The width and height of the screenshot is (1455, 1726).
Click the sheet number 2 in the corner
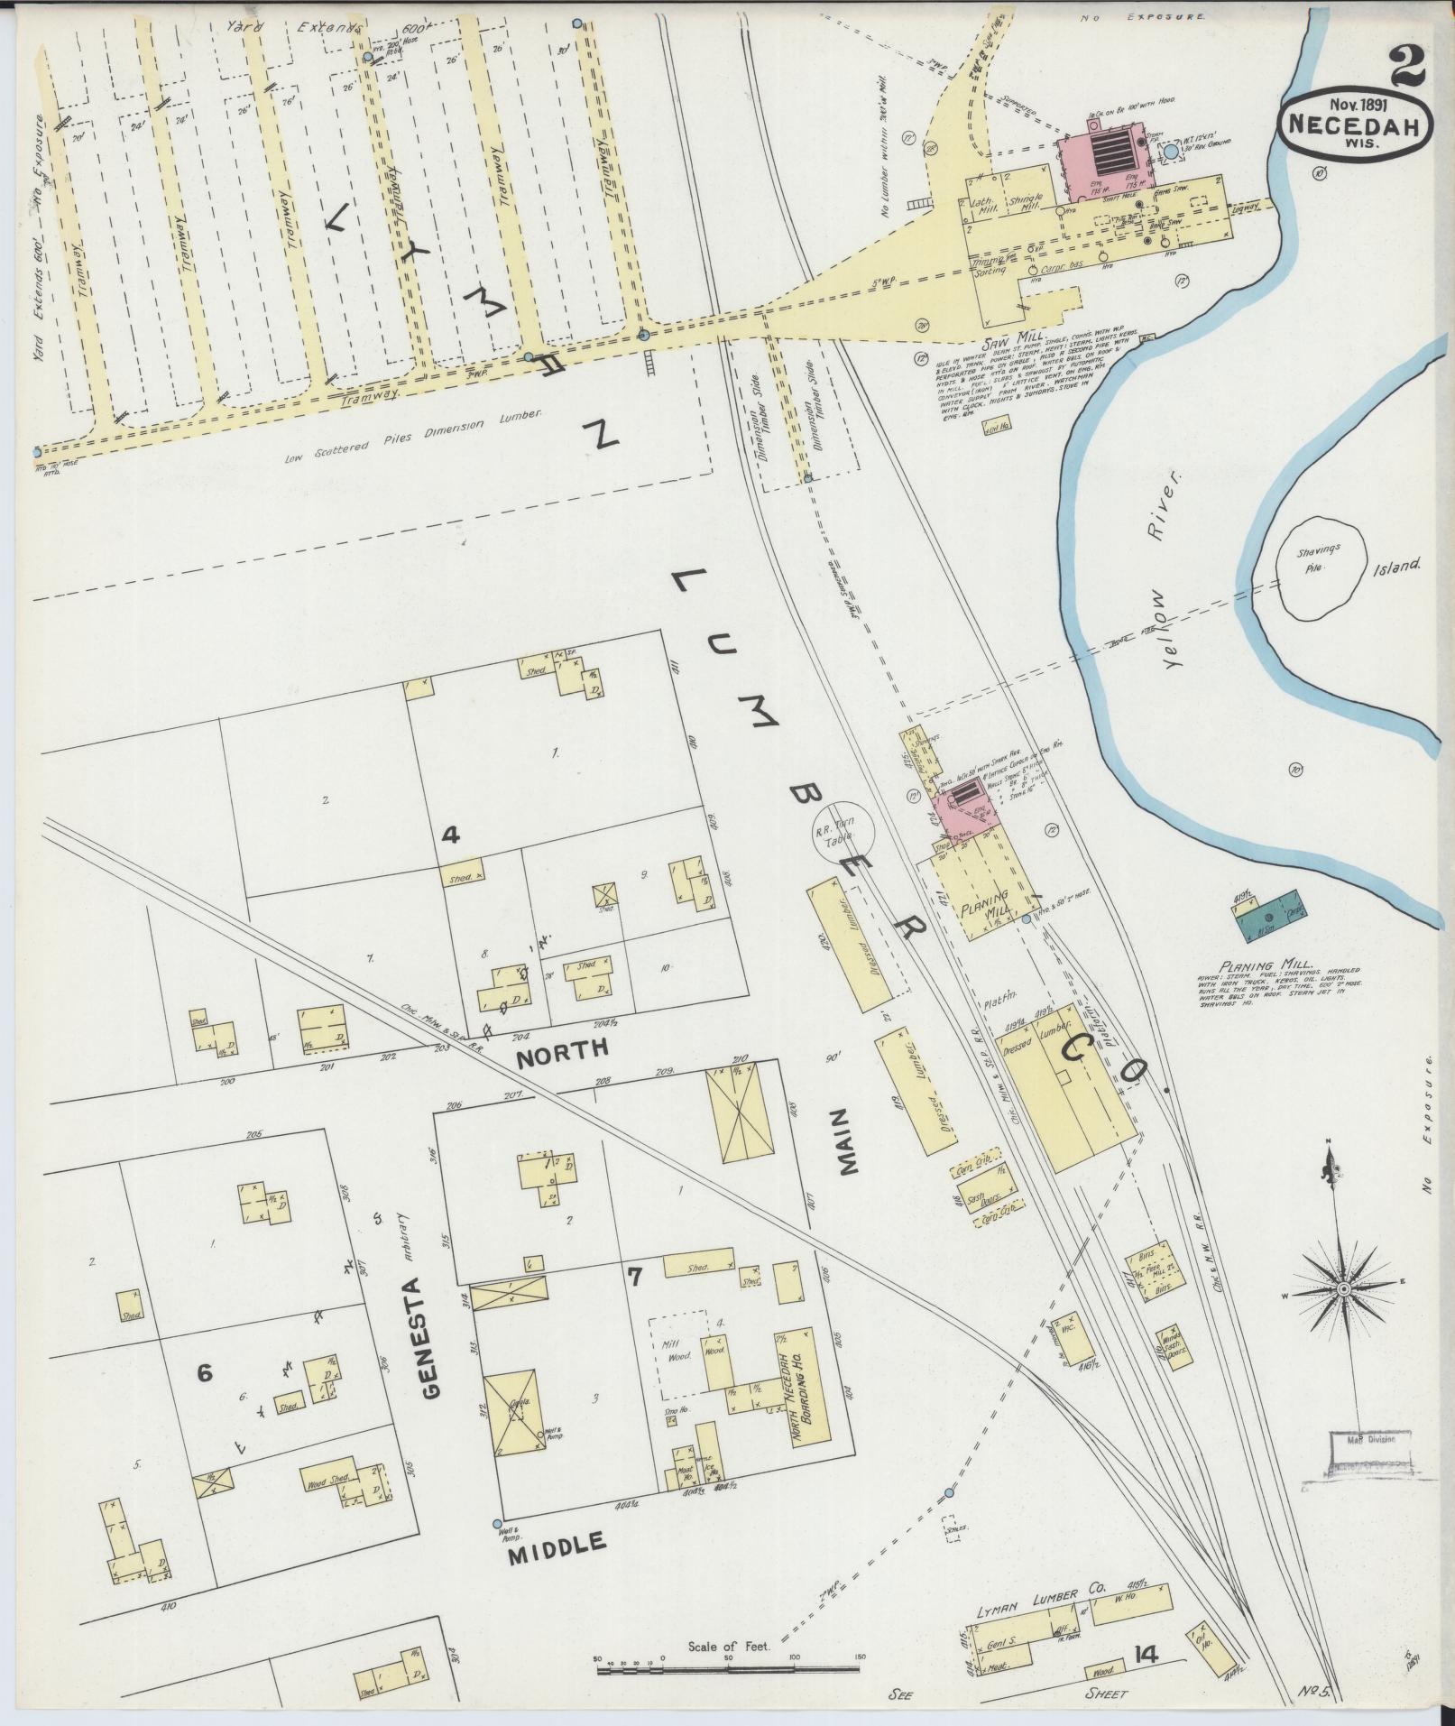(x=1407, y=65)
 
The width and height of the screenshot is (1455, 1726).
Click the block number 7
(x=635, y=1276)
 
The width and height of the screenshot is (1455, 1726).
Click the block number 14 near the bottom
(x=1147, y=1652)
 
